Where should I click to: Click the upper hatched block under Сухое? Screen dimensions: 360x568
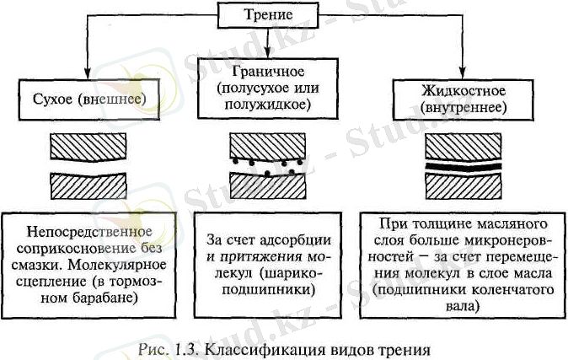[x=88, y=148]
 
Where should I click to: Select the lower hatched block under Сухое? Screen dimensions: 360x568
[x=88, y=184]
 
